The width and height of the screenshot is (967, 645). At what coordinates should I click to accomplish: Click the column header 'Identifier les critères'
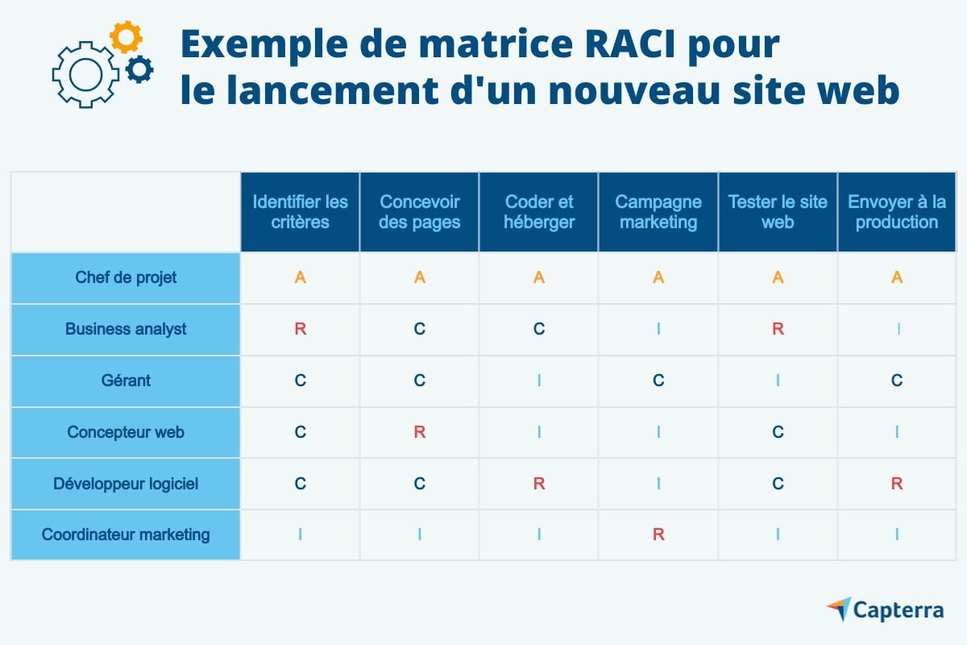tap(300, 212)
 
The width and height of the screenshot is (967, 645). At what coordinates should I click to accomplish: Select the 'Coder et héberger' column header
tap(539, 212)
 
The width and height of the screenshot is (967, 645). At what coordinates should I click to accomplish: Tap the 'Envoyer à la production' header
tap(897, 212)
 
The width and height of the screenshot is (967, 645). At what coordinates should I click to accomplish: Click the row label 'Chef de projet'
tap(126, 277)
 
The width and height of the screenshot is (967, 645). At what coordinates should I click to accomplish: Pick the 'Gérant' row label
tap(126, 381)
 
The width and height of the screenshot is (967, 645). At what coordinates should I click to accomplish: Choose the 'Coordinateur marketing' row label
tap(126, 535)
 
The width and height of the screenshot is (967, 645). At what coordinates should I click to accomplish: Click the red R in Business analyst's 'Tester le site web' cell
tap(778, 329)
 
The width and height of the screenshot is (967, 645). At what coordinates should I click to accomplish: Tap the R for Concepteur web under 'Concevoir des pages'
tap(420, 432)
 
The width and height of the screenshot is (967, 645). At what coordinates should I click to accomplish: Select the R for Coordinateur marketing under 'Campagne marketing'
tap(658, 535)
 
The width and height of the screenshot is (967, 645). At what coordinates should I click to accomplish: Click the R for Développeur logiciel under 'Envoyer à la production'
tap(897, 484)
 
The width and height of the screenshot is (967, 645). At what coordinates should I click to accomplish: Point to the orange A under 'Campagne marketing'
tap(658, 277)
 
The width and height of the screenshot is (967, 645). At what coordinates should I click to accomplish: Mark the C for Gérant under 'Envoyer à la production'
tap(897, 381)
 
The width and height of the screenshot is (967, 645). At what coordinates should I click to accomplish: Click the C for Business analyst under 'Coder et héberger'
tap(539, 329)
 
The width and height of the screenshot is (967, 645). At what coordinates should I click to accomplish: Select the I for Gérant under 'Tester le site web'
tap(778, 381)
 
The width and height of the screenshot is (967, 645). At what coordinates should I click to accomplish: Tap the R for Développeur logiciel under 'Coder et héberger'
tap(539, 484)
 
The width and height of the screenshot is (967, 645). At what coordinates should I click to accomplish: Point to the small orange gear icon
tap(126, 37)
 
